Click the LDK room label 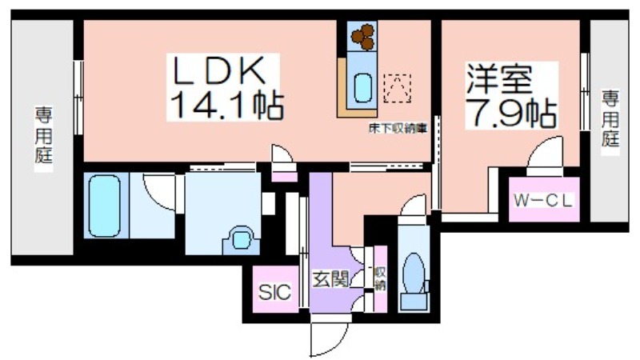coord(218,70)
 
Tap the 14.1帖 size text coord(226,105)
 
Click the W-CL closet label coord(544,201)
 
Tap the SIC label coord(274,292)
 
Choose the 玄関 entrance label coord(330,279)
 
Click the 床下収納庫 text coord(398,129)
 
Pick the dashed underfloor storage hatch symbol coord(397,88)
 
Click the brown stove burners coord(363,37)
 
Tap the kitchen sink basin coord(362,87)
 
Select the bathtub coord(105,206)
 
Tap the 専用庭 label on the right coord(610,118)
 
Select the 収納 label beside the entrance coord(380,278)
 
